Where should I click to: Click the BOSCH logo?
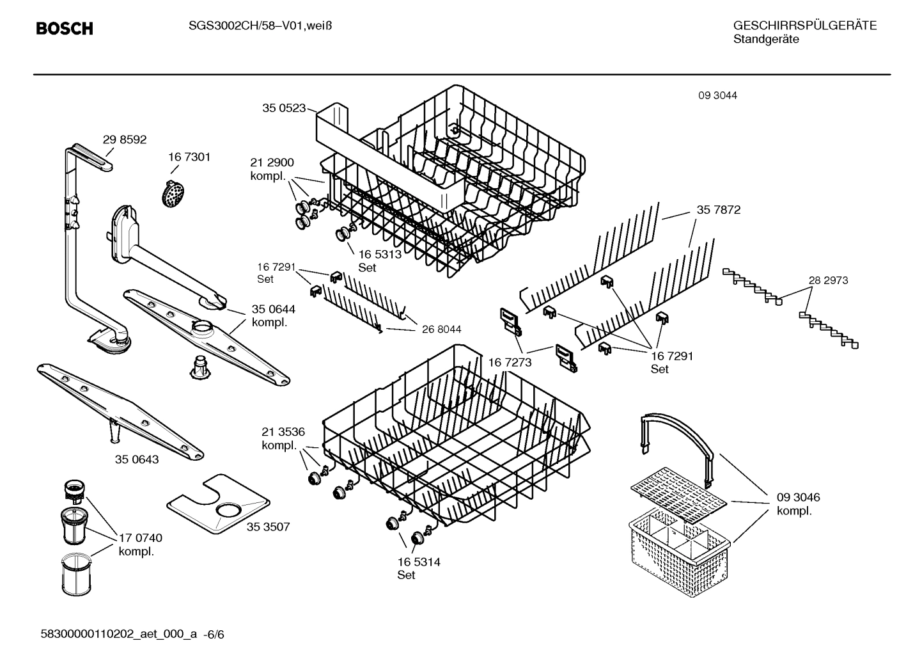(x=65, y=28)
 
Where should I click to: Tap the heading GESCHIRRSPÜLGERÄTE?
(x=804, y=26)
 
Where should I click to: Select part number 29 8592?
(x=125, y=139)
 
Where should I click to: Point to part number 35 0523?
(x=284, y=108)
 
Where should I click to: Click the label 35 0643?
(x=137, y=459)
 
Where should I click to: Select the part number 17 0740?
(x=141, y=538)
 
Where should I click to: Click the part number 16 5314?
(x=419, y=562)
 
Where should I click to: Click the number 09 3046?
(x=798, y=497)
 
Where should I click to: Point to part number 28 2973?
(x=828, y=280)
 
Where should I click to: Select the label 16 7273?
(x=510, y=363)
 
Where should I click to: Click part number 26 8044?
(x=441, y=330)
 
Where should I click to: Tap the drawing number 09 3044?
(x=717, y=95)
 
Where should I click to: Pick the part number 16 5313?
(x=380, y=254)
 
